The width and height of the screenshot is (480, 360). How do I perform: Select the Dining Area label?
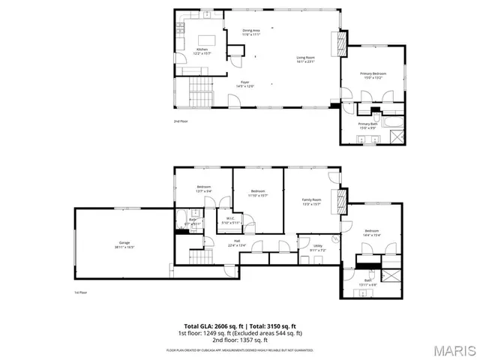tap(250, 31)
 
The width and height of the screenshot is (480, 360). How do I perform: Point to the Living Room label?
tap(304, 59)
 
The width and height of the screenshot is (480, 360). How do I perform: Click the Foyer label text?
tap(244, 83)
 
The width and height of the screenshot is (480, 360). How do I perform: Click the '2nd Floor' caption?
tap(181, 121)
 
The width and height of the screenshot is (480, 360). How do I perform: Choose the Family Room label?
tap(311, 201)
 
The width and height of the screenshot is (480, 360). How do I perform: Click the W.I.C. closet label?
tap(230, 220)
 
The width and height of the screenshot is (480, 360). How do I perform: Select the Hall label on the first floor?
tap(237, 241)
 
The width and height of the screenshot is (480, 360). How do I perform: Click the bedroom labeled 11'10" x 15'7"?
tap(258, 193)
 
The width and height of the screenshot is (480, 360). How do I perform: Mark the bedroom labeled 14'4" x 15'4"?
tap(373, 232)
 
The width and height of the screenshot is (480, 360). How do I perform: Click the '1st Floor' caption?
tap(80, 292)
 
